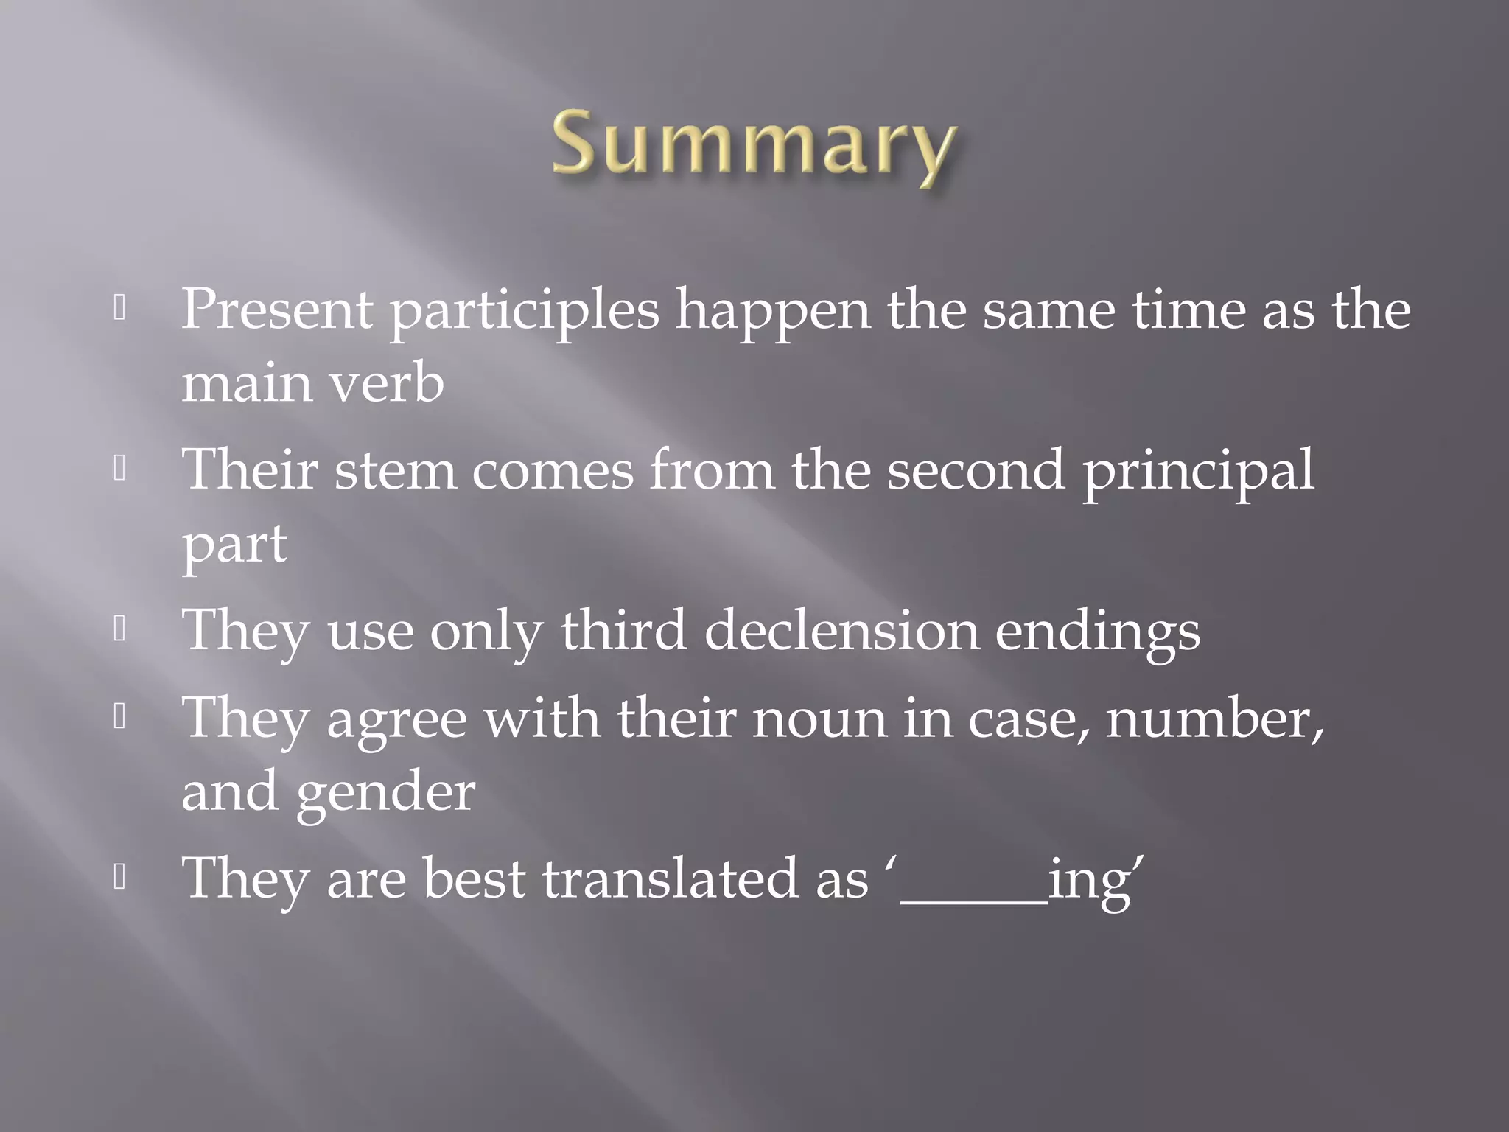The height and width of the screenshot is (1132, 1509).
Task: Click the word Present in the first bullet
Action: [276, 310]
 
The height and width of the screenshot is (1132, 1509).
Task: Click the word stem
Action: [395, 470]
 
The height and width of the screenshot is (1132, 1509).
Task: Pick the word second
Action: [976, 470]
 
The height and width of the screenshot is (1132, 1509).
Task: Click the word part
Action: [234, 545]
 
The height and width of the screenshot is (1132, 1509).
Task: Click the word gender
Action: [386, 793]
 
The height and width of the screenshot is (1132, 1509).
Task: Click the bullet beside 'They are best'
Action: [120, 877]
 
